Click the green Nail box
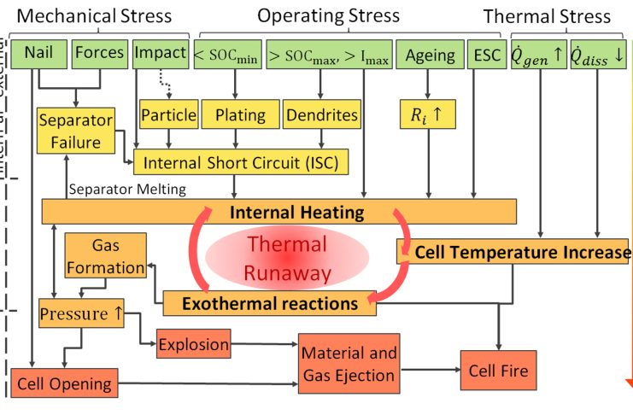click(38, 53)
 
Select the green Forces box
click(99, 53)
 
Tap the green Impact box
click(160, 53)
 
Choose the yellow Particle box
click(168, 114)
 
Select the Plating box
click(240, 114)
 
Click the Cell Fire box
click(499, 371)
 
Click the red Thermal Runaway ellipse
click(287, 256)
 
